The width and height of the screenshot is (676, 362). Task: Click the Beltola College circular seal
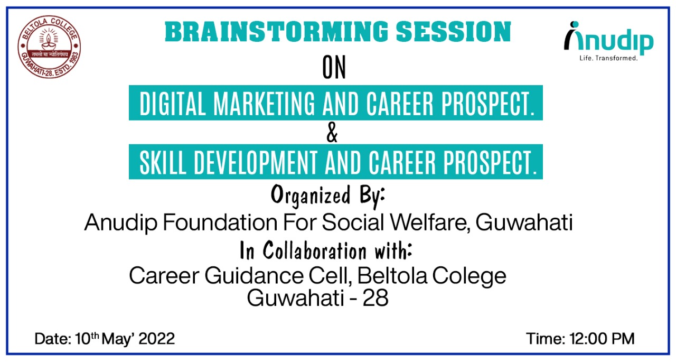49,47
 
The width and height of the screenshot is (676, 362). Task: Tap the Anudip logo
608,41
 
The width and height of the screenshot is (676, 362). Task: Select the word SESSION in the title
453,32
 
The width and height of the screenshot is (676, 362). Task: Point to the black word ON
334,67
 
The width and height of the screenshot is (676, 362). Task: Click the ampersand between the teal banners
332,133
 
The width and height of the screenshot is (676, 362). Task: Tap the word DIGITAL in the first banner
173,103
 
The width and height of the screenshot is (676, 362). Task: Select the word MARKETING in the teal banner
264,103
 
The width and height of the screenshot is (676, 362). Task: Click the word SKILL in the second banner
163,162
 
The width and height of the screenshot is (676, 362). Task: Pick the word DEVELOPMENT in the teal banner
256,162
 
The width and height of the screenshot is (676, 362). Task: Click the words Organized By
328,197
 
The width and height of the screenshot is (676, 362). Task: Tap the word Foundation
220,222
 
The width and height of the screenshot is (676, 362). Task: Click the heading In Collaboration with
326,250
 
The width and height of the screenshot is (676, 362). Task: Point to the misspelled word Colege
470,276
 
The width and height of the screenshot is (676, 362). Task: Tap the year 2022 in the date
157,339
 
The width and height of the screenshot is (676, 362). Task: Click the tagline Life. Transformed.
608,58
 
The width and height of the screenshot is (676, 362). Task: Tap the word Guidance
254,276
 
